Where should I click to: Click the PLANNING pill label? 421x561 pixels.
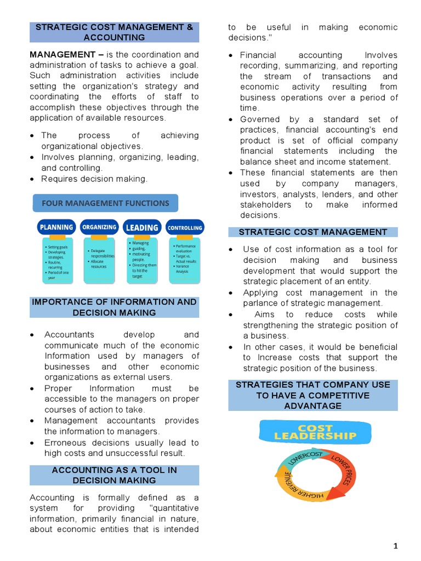click(x=56, y=227)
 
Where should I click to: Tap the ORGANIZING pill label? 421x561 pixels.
click(x=99, y=227)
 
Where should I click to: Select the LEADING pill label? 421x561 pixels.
click(x=142, y=227)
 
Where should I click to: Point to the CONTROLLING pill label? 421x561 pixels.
click(x=185, y=227)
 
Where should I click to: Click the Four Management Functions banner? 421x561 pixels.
click(x=106, y=203)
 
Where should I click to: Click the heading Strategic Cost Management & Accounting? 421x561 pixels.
click(x=115, y=32)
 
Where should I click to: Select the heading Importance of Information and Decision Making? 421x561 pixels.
click(x=115, y=307)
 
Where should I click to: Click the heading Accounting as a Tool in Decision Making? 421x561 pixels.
click(x=115, y=475)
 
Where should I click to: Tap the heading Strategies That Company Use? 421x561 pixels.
click(x=313, y=395)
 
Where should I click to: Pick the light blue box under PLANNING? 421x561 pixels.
click(x=56, y=261)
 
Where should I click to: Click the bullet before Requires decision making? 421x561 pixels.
click(x=33, y=179)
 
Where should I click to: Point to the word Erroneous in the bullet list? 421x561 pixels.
click(x=66, y=443)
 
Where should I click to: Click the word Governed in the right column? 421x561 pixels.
click(x=260, y=119)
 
